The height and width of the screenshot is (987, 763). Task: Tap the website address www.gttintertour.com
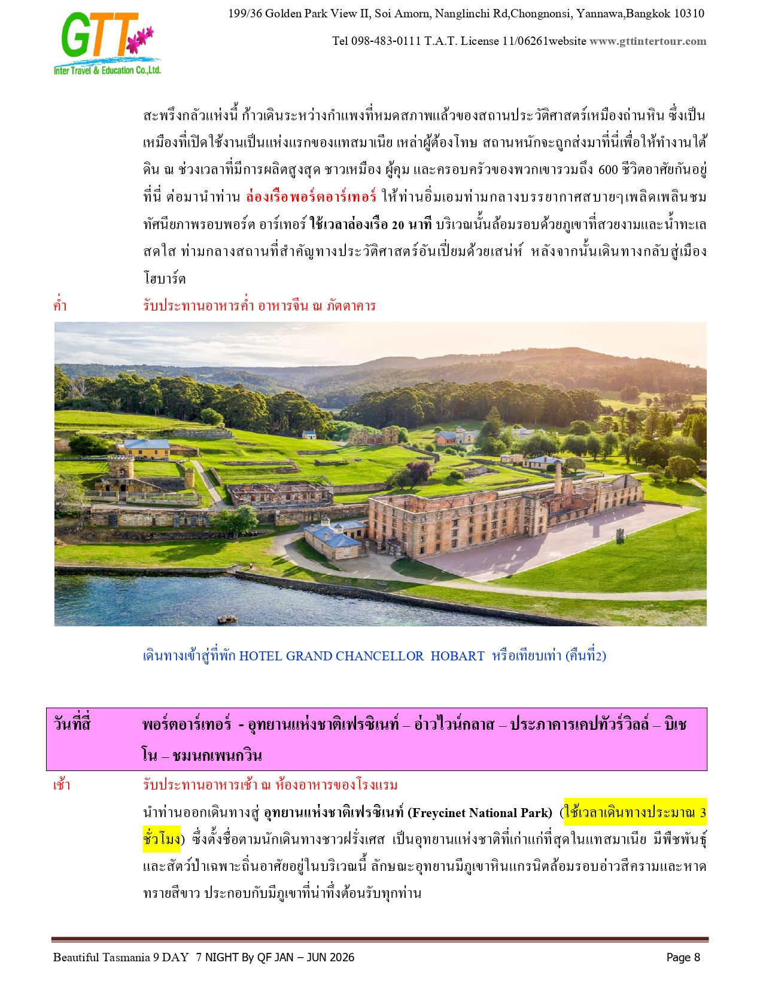(x=648, y=41)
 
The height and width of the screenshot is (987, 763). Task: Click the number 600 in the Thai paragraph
(x=607, y=169)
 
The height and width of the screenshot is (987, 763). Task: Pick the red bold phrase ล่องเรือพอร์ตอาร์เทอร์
(x=311, y=197)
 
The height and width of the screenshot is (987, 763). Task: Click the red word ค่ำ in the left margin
(x=60, y=306)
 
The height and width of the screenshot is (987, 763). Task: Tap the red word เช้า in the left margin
(x=62, y=785)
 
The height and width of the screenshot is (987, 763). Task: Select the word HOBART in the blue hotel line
(x=457, y=656)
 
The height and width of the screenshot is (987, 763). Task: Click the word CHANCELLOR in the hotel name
(x=379, y=656)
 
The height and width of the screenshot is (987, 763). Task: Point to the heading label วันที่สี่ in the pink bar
(x=72, y=724)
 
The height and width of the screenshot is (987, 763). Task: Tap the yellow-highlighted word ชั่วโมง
(x=162, y=839)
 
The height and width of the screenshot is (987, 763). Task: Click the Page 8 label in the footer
(x=683, y=958)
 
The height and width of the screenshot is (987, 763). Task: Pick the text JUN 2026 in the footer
(x=331, y=958)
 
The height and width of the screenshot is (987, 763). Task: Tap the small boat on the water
(x=226, y=619)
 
